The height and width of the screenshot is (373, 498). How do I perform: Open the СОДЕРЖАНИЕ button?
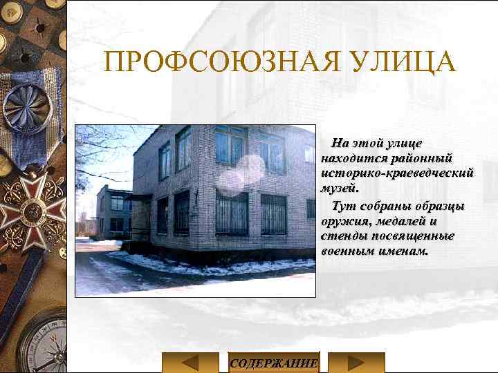(274, 363)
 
